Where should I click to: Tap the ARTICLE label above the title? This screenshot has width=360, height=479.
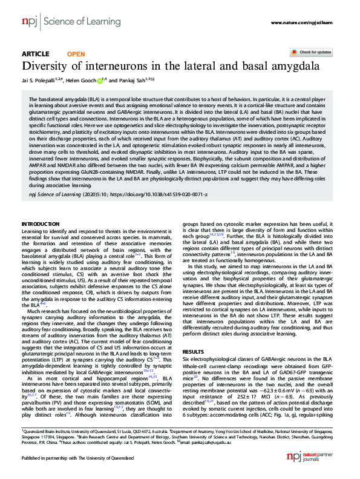(x=35, y=54)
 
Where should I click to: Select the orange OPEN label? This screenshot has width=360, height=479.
(x=76, y=54)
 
